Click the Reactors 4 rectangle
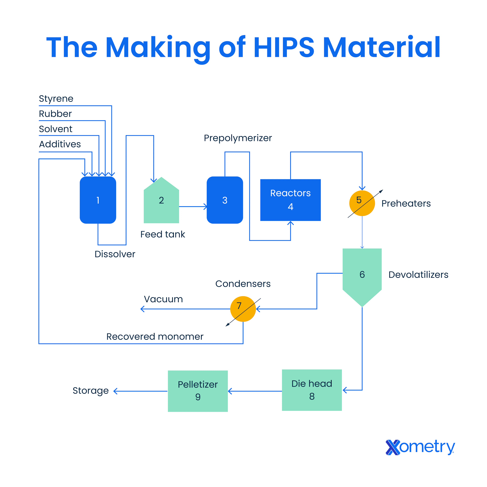[290, 200]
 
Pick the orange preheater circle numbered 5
[362, 203]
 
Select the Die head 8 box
[312, 390]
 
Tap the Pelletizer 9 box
[198, 391]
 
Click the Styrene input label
[56, 99]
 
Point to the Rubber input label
[55, 114]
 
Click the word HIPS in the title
[284, 47]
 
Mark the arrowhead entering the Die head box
[345, 390]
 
